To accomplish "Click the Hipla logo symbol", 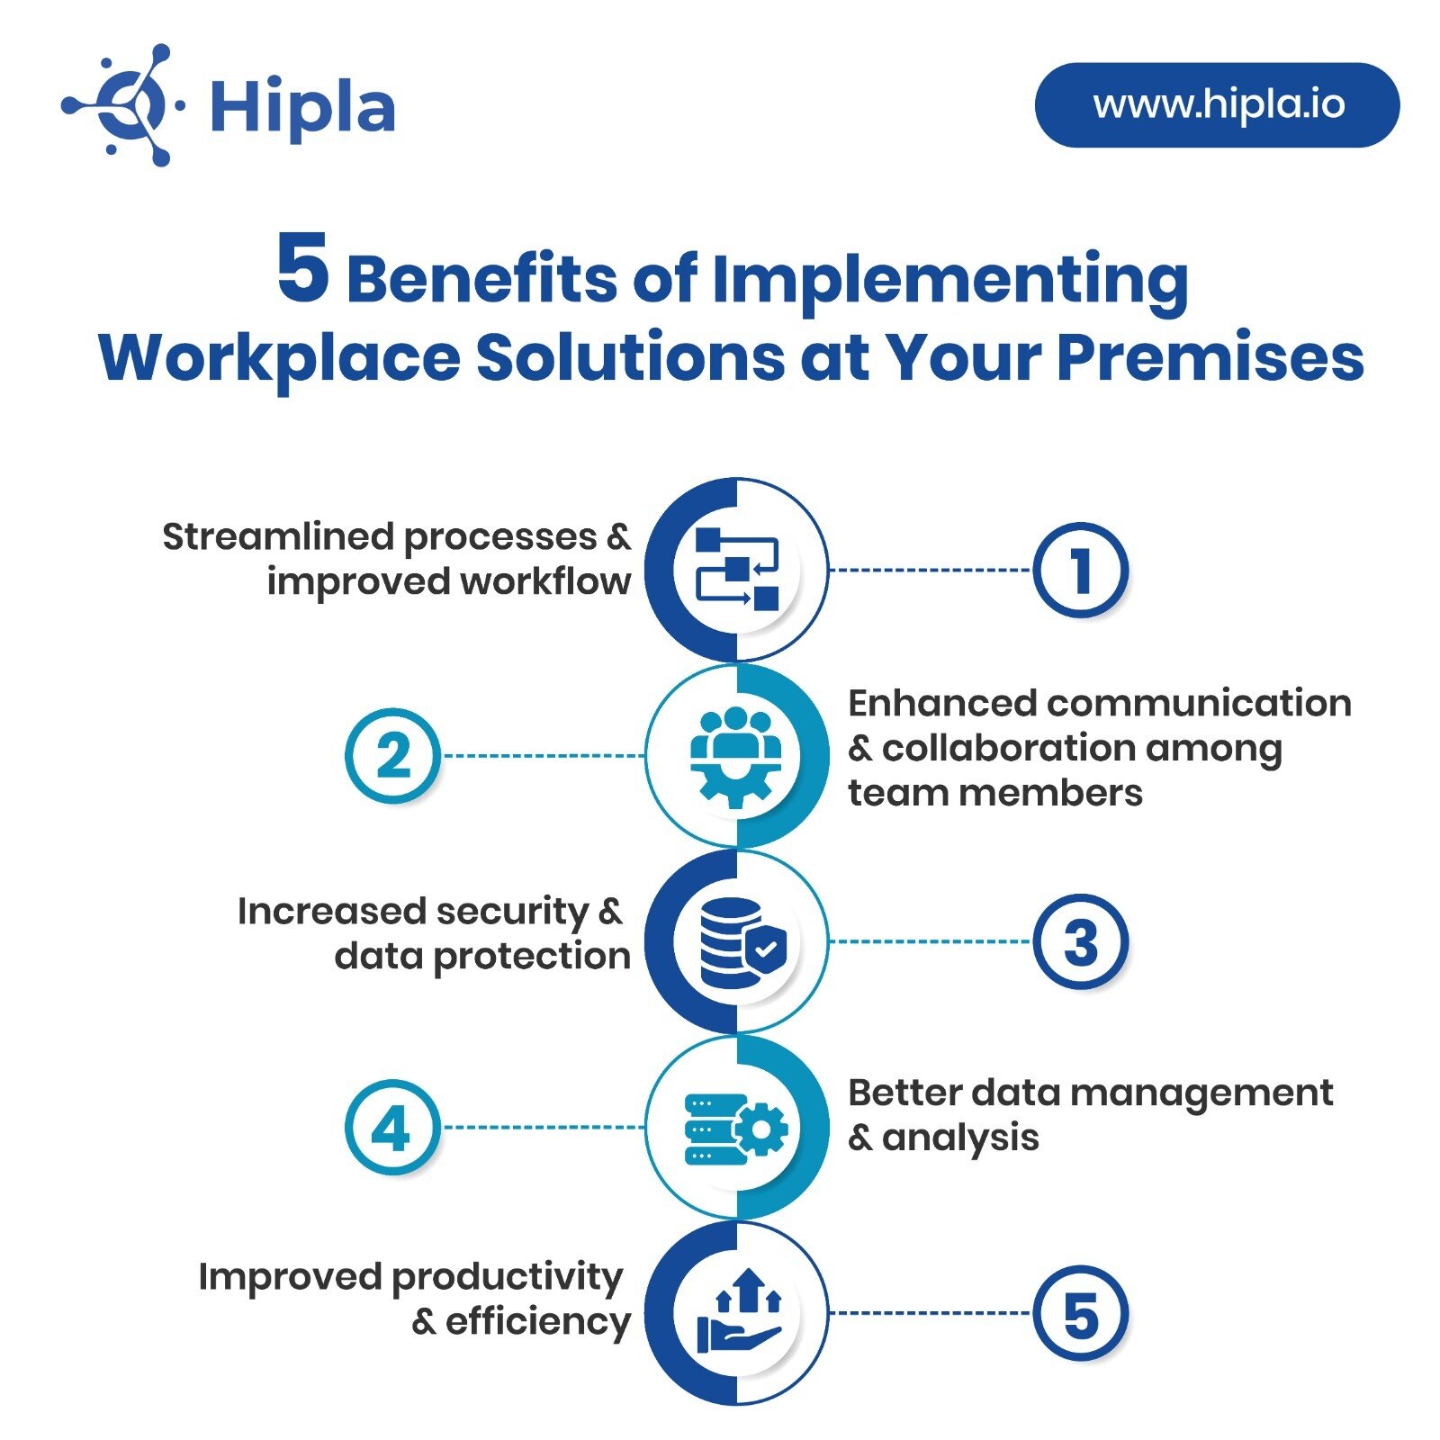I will point(123,105).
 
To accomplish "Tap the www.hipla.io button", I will point(1217,105).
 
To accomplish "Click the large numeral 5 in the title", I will point(302,269).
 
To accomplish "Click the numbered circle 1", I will point(1079,570).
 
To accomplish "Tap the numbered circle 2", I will point(392,756).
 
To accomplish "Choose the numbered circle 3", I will point(1079,942).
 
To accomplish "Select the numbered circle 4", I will point(392,1127).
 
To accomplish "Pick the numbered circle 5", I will point(1079,1313).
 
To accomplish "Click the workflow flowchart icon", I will point(737,570).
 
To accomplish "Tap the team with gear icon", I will point(736,756).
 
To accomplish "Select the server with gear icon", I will point(736,1128).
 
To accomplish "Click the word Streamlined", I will point(278,536).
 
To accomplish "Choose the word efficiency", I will point(537,1322).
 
